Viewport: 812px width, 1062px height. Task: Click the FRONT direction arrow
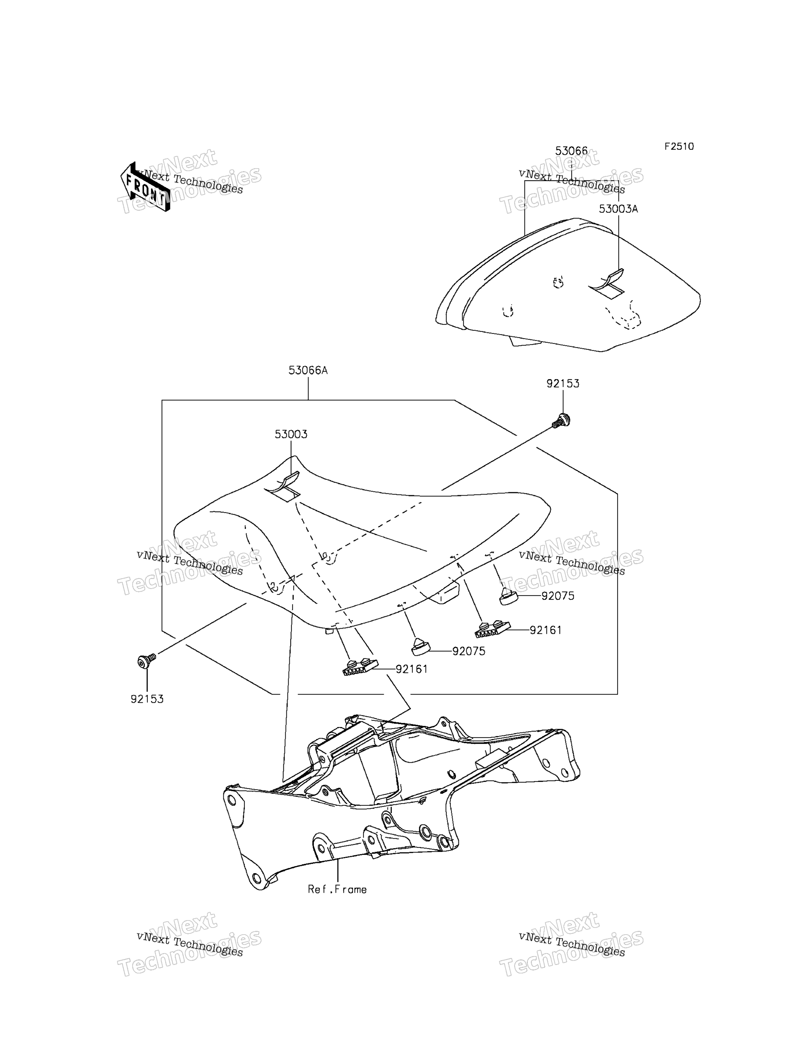[x=145, y=187]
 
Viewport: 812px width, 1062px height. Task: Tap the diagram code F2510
[x=679, y=146]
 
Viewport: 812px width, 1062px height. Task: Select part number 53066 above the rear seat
[x=571, y=151]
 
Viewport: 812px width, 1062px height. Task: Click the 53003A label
[x=618, y=209]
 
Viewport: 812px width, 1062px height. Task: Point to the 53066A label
[x=308, y=370]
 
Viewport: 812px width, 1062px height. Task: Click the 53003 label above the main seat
[x=291, y=434]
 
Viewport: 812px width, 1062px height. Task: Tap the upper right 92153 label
[x=563, y=383]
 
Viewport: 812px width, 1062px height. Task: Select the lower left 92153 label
[x=147, y=699]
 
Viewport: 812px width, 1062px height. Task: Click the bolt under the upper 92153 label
[x=562, y=420]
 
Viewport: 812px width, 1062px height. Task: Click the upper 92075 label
[x=558, y=596]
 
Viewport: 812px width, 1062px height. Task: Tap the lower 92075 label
[x=469, y=651]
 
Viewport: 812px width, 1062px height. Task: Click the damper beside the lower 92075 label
[x=420, y=647]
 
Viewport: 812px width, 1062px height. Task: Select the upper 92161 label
[x=546, y=630]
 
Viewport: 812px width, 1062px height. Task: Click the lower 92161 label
[x=412, y=669]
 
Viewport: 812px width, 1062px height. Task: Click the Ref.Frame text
[x=337, y=889]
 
